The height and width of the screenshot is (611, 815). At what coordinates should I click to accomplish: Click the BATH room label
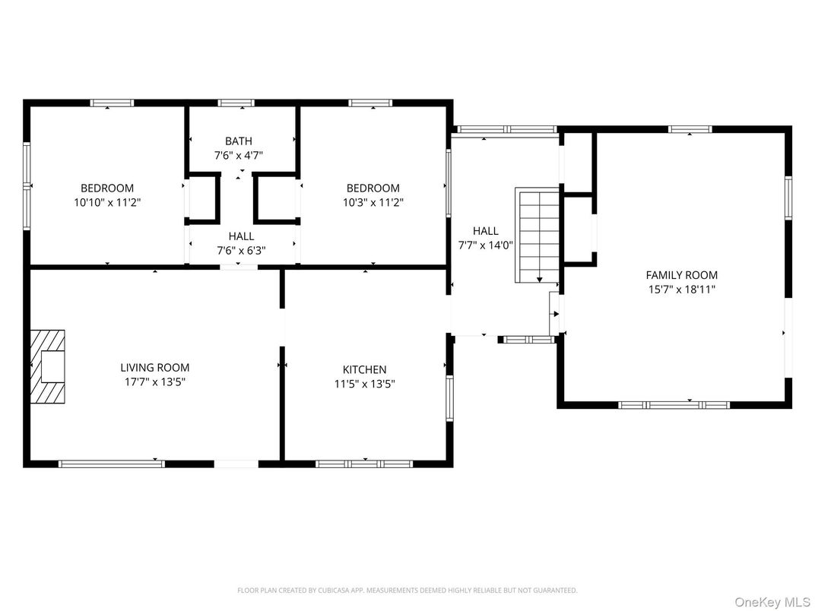coord(239,141)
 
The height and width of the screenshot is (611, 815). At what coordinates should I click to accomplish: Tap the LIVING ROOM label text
coord(155,368)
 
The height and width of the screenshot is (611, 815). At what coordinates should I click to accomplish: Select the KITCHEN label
coord(364,369)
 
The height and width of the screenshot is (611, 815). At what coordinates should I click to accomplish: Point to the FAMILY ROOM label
coord(681,275)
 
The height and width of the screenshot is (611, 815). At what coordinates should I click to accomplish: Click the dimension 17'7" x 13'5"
coord(155,382)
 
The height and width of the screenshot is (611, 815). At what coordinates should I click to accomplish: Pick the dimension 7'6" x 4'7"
coord(239,155)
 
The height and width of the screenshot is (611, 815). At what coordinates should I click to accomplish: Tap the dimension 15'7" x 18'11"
coord(681,290)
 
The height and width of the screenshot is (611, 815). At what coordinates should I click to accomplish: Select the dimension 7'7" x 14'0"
coord(486,245)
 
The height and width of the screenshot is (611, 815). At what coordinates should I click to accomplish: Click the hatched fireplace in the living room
coord(48,366)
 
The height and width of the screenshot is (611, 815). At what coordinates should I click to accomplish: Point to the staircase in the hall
coord(538,236)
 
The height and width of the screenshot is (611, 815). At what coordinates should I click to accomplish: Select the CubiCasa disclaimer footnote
coord(407,590)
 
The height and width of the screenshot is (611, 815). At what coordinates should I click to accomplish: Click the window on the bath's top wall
coord(239,103)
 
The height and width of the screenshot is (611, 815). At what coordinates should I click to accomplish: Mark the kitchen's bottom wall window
coord(364,464)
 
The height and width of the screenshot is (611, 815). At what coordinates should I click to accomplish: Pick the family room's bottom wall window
coord(674,405)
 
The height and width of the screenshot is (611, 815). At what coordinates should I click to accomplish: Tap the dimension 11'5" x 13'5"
coord(364,384)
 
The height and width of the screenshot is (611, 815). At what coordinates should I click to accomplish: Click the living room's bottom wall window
coord(111,464)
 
